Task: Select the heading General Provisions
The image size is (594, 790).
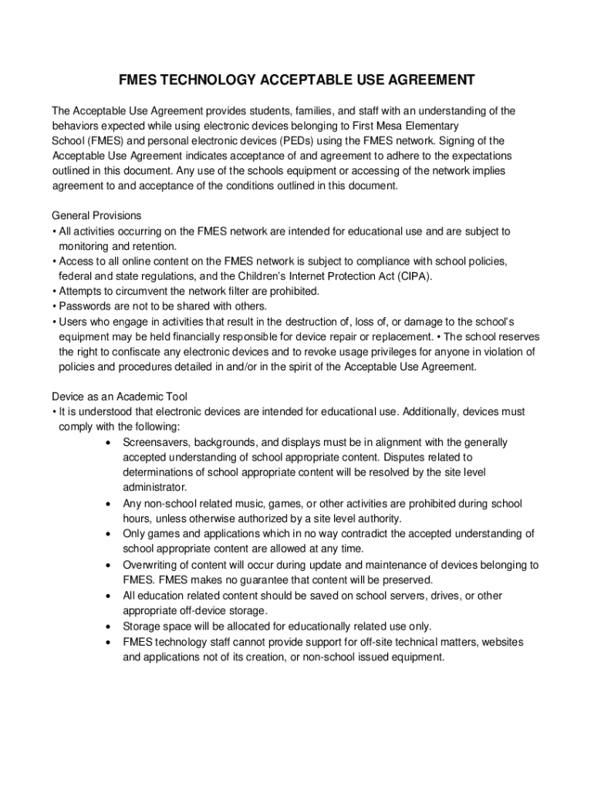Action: click(x=96, y=215)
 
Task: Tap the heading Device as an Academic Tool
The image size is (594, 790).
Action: click(x=120, y=397)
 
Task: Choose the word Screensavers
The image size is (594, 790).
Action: click(x=157, y=442)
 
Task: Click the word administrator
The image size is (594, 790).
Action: click(x=155, y=488)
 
